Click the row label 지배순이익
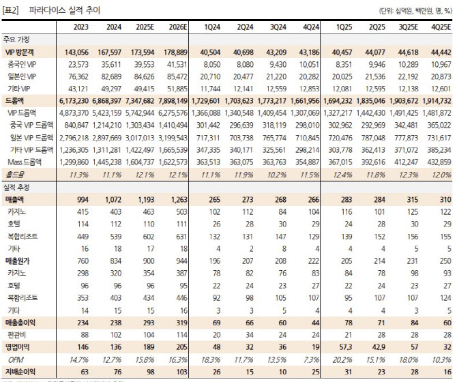[x=21, y=370]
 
